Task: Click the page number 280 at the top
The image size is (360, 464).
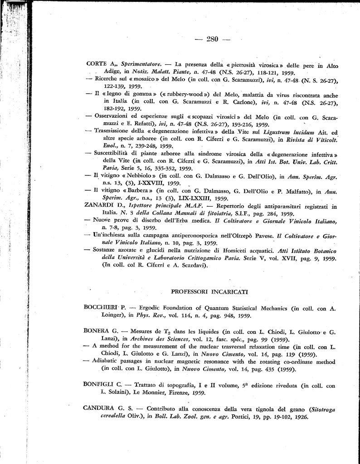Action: coord(212,39)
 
